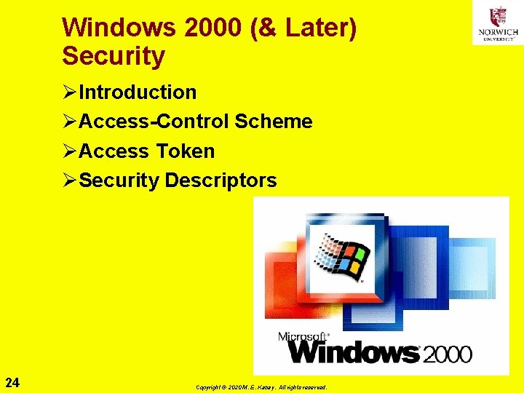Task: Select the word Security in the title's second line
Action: (x=114, y=55)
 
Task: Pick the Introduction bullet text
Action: (x=138, y=92)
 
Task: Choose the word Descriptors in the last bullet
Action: (x=221, y=180)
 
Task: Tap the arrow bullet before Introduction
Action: (x=70, y=92)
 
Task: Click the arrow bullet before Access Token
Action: (x=70, y=151)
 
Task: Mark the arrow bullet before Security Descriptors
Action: (x=70, y=180)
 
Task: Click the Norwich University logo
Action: (x=498, y=23)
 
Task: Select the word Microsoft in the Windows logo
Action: (x=303, y=337)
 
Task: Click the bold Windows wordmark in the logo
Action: (x=354, y=352)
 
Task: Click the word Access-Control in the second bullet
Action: (x=154, y=122)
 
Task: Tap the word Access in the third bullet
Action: (x=112, y=151)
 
